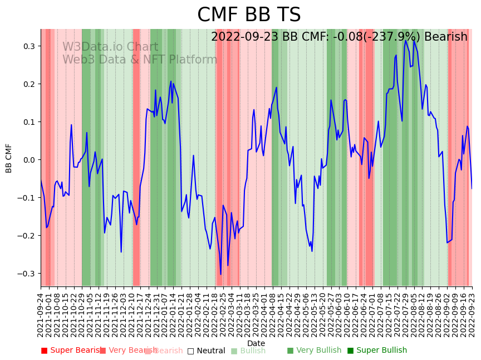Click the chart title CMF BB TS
pyautogui.click(x=249, y=15)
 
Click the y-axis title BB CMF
pyautogui.click(x=9, y=158)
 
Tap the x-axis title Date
pyautogui.click(x=256, y=343)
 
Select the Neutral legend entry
pyautogui.click(x=207, y=351)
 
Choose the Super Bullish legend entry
pyautogui.click(x=377, y=351)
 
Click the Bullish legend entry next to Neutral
pyautogui.click(x=248, y=351)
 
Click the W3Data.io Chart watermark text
pyautogui.click(x=110, y=47)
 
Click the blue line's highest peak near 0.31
pyautogui.click(x=406, y=41)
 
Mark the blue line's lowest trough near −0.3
pyautogui.click(x=220, y=274)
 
